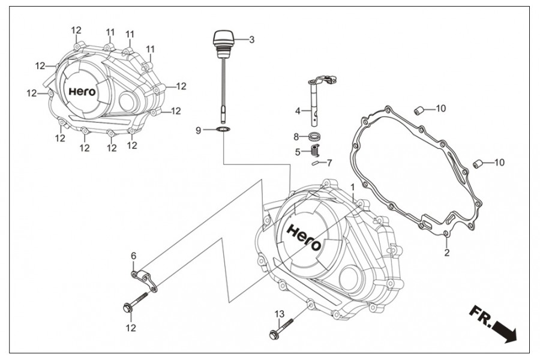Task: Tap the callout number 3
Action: pyautogui.click(x=252, y=40)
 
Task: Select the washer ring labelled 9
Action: pyautogui.click(x=224, y=130)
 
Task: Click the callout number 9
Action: pyautogui.click(x=199, y=131)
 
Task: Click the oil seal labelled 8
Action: pyautogui.click(x=314, y=136)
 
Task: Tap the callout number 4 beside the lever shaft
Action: pyautogui.click(x=298, y=111)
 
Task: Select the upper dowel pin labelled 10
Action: pyautogui.click(x=418, y=112)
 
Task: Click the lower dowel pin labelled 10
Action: pyautogui.click(x=477, y=164)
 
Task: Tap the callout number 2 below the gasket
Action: pyautogui.click(x=446, y=253)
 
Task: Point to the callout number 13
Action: pyautogui.click(x=280, y=314)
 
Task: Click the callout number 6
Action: pyautogui.click(x=133, y=256)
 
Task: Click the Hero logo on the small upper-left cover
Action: pyautogui.click(x=82, y=92)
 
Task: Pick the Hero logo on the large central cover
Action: pyautogui.click(x=304, y=238)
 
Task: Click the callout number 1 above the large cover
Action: pyautogui.click(x=352, y=187)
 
